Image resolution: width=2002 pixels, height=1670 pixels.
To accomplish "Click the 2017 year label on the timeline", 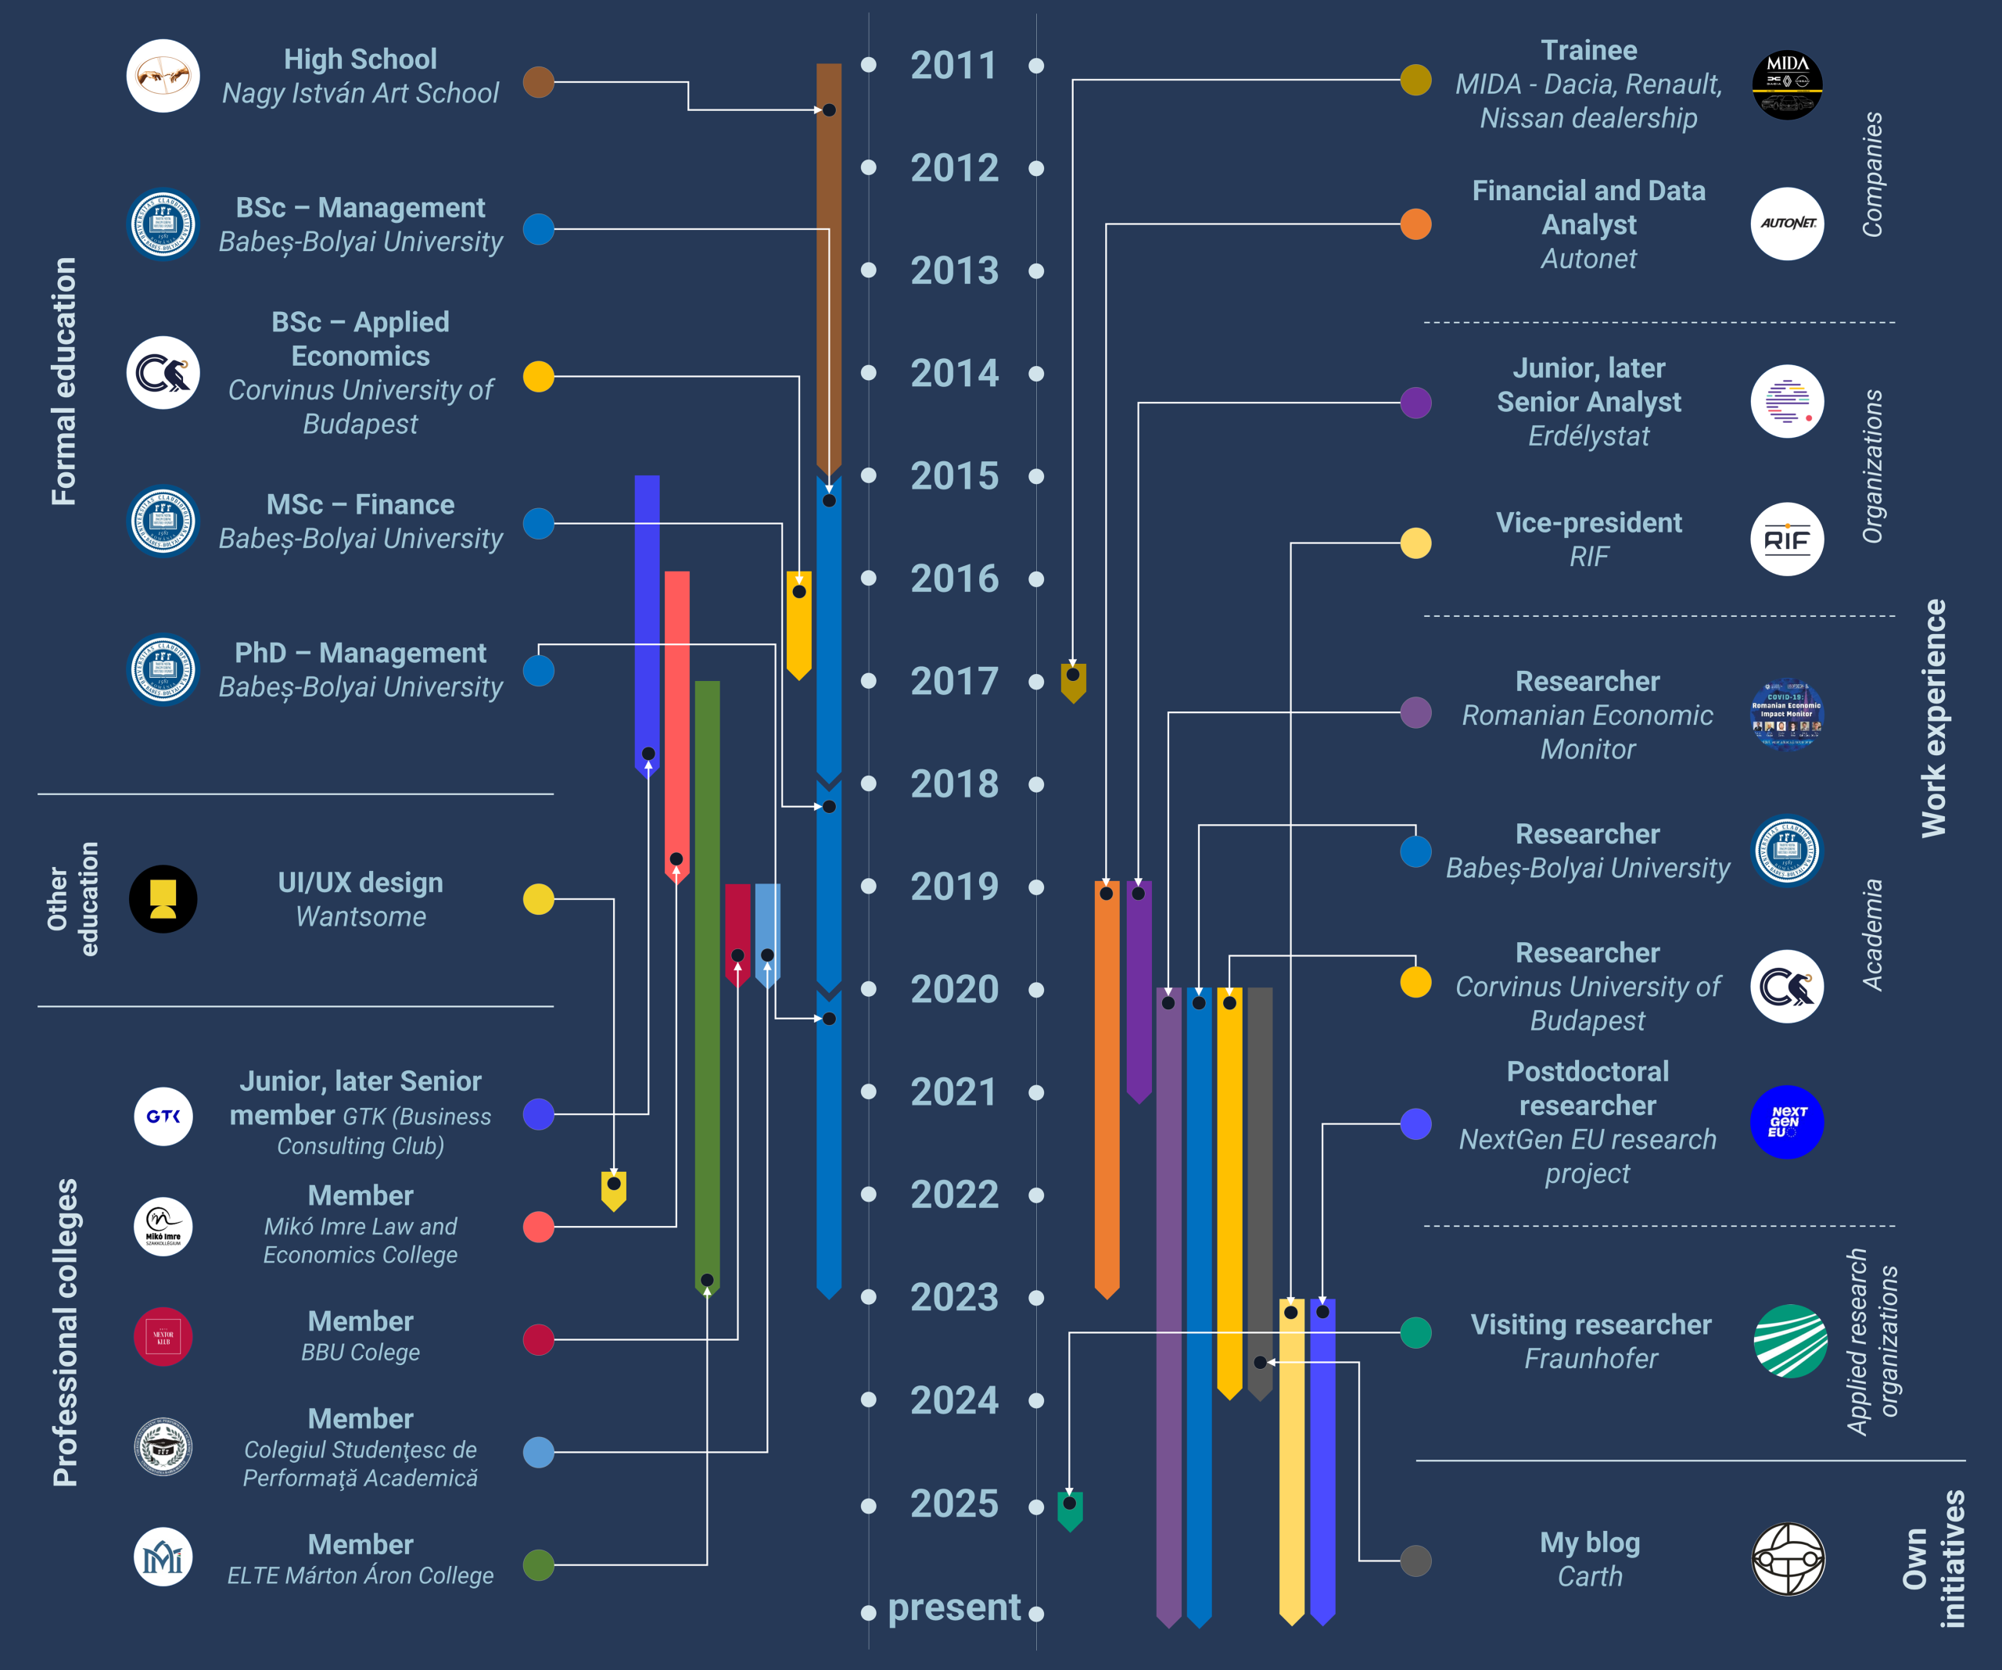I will coord(954,682).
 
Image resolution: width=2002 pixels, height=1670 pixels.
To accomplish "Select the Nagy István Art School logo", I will coord(163,77).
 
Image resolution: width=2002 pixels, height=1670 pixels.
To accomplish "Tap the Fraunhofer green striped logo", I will coord(1790,1340).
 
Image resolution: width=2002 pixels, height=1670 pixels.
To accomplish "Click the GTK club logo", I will coord(163,1116).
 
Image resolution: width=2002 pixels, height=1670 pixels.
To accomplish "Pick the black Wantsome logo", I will coord(163,899).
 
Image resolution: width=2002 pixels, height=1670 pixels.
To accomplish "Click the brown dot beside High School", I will coord(539,82).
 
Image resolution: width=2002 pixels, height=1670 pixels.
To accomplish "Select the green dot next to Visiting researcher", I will coord(1415,1332).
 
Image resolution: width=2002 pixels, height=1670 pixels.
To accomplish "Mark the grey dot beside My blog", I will coord(1415,1561).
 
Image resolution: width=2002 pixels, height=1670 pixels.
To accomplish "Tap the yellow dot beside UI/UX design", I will coord(539,899).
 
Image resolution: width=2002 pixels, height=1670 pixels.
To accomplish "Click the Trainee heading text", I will coord(1588,51).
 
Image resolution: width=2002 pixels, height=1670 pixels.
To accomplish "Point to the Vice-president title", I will coord(1588,522).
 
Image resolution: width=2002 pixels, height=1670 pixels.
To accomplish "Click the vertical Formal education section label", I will coord(64,382).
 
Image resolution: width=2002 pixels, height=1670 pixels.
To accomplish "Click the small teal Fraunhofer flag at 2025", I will coord(1070,1510).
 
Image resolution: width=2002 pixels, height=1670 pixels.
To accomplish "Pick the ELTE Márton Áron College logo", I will coord(163,1557).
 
